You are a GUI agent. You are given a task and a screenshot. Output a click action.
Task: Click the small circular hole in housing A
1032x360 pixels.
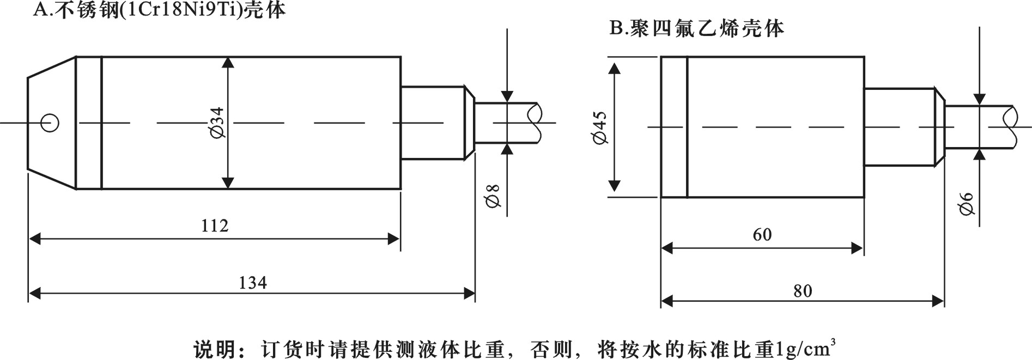pyautogui.click(x=50, y=123)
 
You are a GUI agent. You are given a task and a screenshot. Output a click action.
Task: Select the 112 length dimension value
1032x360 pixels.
pyautogui.click(x=215, y=225)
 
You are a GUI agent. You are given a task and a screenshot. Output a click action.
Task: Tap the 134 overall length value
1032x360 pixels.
pyautogui.click(x=253, y=283)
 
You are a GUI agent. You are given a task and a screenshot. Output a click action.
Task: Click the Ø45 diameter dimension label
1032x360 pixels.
pyautogui.click(x=599, y=129)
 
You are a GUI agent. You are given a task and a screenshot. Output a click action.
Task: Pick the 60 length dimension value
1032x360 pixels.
pyautogui.click(x=762, y=235)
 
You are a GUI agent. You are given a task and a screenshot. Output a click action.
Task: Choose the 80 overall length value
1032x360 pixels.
pyautogui.click(x=803, y=291)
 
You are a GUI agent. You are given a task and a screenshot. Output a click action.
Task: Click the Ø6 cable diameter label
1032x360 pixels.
pyautogui.click(x=967, y=204)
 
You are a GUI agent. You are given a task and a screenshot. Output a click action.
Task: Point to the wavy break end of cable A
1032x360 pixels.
pyautogui.click(x=536, y=123)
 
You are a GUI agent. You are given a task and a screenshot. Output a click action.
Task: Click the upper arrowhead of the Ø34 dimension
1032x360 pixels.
pyautogui.click(x=228, y=62)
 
